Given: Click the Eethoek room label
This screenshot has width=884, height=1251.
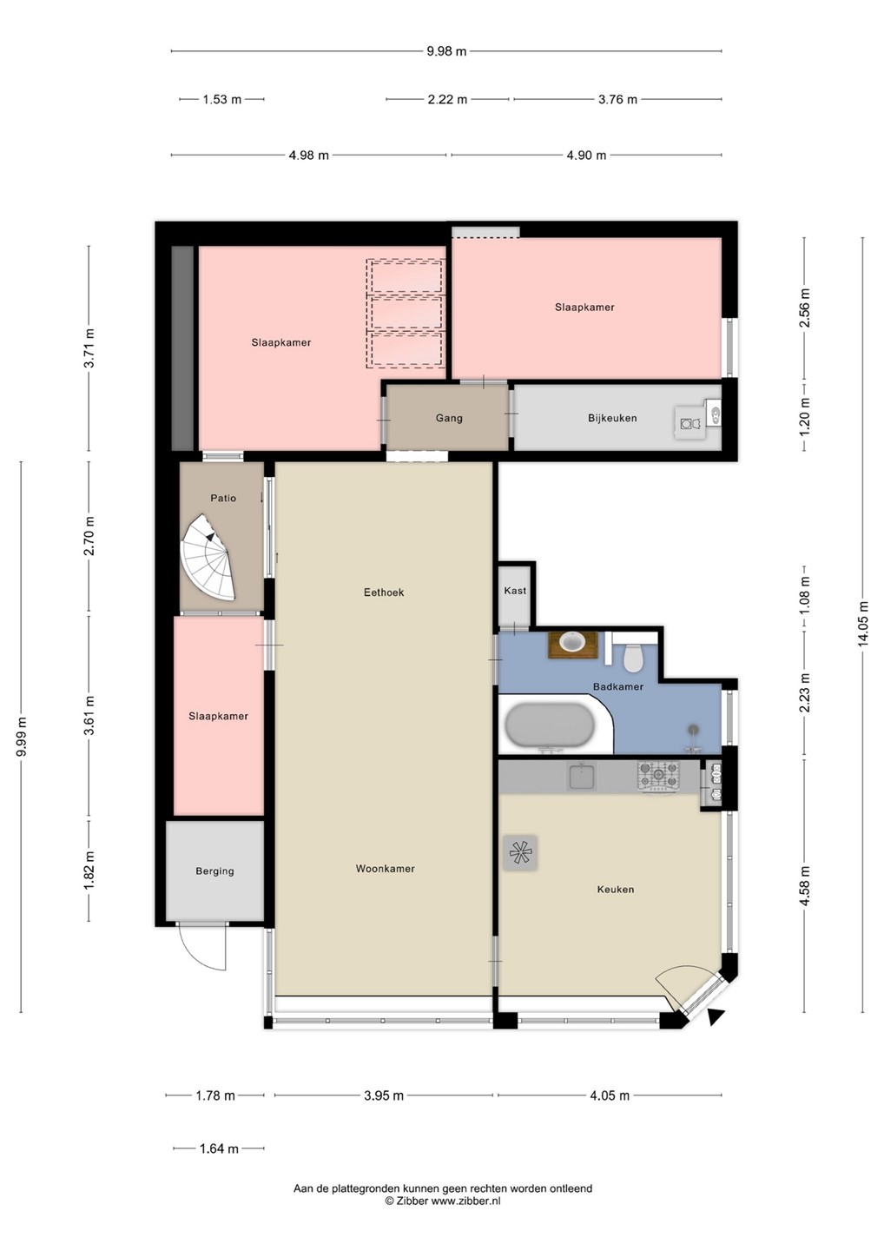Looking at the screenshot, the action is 384,592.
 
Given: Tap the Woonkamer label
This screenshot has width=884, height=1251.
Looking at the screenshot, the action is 385,869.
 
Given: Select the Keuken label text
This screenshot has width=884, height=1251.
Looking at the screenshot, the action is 616,889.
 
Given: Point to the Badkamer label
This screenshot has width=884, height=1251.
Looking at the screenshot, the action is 617,686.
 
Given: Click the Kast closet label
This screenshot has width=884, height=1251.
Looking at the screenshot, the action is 515,591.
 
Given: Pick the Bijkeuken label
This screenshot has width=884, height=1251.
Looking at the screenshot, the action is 612,418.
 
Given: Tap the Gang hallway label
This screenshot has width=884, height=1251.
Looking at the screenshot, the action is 449,418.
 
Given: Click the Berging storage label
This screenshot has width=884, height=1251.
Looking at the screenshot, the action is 214,870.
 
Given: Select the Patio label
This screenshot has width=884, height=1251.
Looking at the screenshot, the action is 223,498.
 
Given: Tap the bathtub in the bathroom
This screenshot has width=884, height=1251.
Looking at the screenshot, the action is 549,725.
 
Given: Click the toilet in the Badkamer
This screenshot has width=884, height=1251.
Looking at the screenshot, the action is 632,658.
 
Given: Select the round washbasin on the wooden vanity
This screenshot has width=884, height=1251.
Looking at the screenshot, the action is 572,642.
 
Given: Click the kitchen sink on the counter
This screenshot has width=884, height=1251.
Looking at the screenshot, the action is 582,776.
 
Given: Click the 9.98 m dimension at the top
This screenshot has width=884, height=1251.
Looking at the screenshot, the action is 446,51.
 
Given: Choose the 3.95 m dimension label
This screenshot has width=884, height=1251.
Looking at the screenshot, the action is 384,1095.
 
